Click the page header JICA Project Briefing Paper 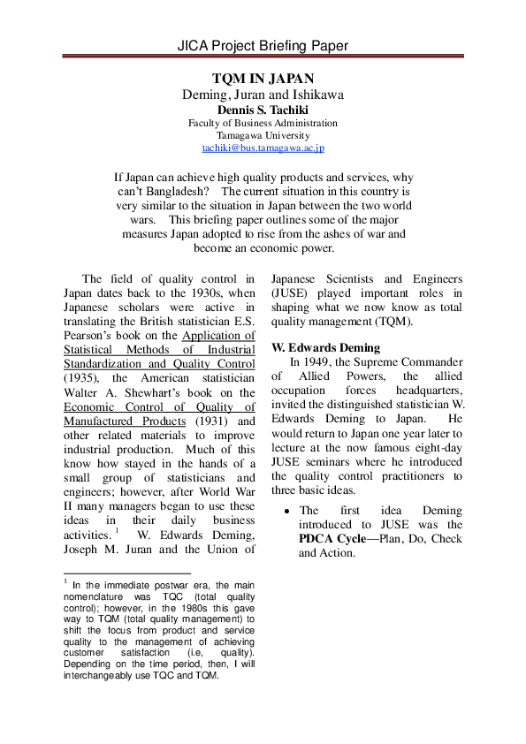pos(263,45)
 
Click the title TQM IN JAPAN pos(263,79)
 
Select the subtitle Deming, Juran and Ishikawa pos(263,95)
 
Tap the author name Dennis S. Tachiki pos(263,109)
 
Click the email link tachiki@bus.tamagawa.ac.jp pos(263,149)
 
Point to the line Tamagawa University pos(263,136)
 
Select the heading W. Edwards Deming pos(325,347)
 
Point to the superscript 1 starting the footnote pos(65,581)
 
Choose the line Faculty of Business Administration pos(263,123)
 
